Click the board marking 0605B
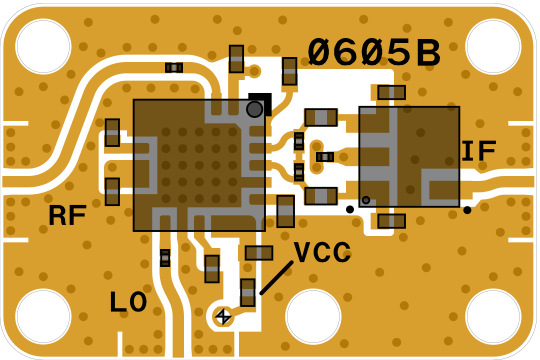click(374, 52)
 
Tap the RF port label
click(67, 215)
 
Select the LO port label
click(128, 302)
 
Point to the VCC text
click(323, 252)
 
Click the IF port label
click(479, 151)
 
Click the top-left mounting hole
click(43, 47)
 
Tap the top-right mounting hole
click(493, 47)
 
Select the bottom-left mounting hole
click(43, 317)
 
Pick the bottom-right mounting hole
click(493, 317)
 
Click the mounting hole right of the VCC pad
click(313, 317)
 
